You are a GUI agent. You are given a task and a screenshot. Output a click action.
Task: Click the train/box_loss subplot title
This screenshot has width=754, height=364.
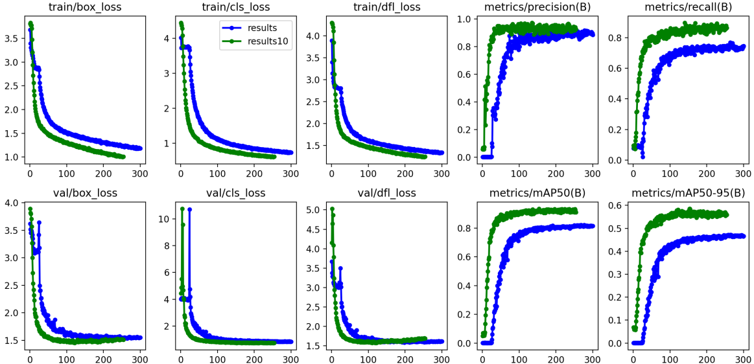(x=86, y=8)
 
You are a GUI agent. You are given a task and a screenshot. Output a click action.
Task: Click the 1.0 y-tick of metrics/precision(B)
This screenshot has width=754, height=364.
(x=466, y=19)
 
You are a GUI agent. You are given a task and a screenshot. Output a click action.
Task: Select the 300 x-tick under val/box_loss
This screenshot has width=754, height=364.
(x=140, y=358)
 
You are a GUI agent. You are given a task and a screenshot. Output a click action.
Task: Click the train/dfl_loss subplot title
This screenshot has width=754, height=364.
(x=387, y=8)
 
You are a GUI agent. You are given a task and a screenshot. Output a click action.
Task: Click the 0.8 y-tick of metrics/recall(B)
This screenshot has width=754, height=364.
(x=617, y=38)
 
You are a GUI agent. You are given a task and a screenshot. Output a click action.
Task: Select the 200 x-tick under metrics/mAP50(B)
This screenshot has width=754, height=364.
(x=556, y=358)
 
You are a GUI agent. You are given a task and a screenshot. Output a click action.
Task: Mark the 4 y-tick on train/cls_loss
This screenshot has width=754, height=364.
(x=167, y=38)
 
